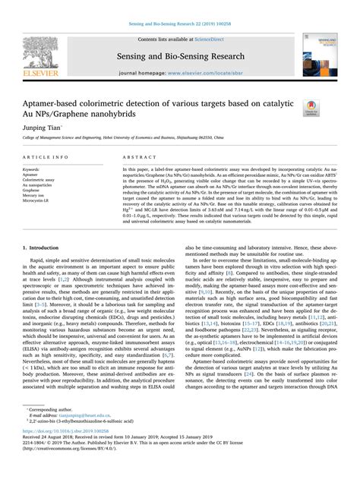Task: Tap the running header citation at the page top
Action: click(x=180, y=6)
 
